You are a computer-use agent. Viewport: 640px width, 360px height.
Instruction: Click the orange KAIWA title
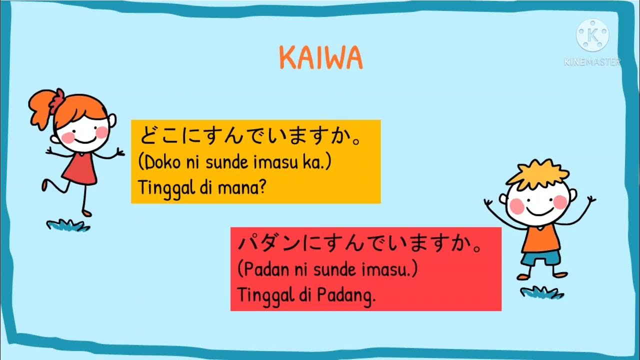(320, 58)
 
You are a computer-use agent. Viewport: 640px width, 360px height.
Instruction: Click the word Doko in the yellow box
(160, 162)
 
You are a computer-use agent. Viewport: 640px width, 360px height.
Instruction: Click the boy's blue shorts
(540, 258)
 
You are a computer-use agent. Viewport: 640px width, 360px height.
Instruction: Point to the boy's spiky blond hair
(537, 172)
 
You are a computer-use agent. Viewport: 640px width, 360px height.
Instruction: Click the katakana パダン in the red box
(269, 244)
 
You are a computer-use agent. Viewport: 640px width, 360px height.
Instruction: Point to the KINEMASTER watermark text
(592, 62)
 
